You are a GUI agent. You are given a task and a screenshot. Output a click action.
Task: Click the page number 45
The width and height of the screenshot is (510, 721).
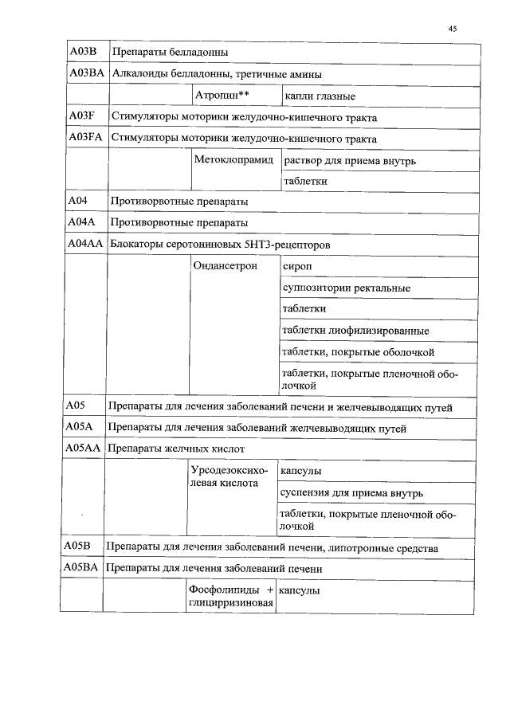452,29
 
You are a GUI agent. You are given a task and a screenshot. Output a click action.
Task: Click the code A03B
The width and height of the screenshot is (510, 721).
83,52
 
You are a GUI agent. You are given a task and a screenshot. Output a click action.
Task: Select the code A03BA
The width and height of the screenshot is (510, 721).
87,74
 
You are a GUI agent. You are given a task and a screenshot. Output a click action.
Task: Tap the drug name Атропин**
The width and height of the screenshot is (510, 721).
222,96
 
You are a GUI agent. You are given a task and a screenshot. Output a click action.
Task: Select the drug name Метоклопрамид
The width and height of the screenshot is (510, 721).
233,160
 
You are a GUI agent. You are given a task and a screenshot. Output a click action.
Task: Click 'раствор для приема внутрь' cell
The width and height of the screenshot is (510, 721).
349,161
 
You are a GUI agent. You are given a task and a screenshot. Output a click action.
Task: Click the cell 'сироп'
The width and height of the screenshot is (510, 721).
297,266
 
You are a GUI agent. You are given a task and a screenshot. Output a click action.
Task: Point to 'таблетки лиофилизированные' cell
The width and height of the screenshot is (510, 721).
355,331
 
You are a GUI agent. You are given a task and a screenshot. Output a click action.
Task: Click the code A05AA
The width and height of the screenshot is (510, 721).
82,449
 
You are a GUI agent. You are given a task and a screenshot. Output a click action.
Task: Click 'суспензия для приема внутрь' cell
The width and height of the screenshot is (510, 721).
351,494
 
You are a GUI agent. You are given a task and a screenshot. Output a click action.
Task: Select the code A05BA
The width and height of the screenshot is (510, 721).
81,569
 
